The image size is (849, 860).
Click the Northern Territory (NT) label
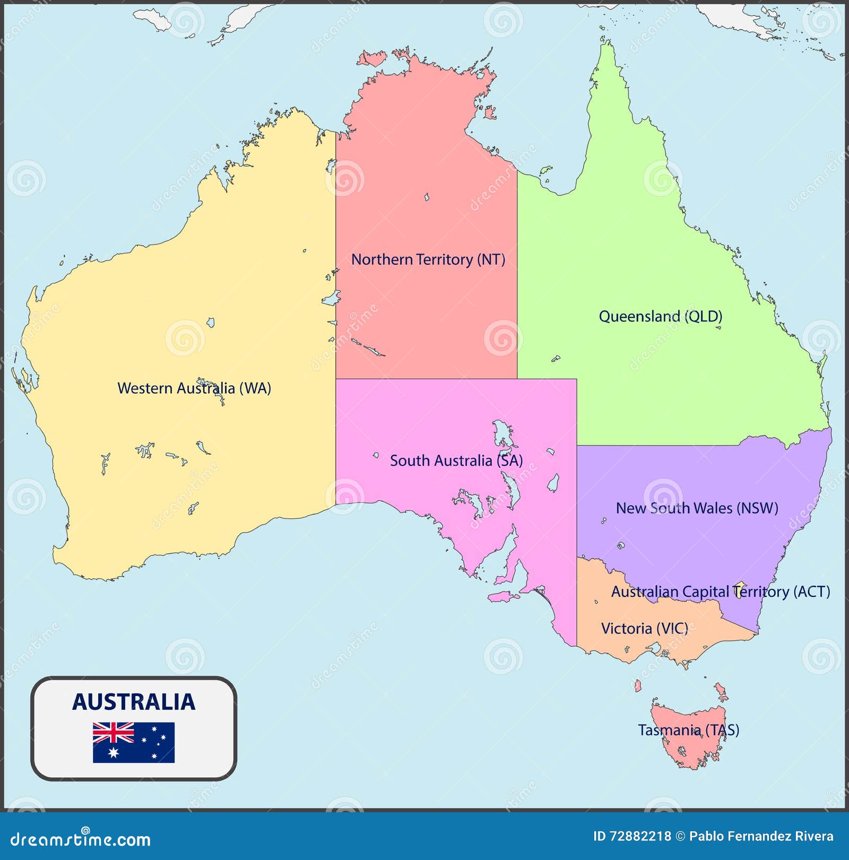428,259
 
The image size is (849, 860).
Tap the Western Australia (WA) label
194,388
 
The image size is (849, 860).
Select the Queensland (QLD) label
660,317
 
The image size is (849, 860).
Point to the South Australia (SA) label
456,461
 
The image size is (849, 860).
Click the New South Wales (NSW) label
696,508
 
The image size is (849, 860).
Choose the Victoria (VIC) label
644,629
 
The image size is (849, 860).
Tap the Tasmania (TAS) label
688,731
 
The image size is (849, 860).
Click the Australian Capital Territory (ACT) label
720,592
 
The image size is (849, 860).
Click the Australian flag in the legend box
134,742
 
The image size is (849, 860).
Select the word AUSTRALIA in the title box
134,702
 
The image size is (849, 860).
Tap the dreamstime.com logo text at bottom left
81,839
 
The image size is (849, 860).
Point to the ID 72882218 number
632,837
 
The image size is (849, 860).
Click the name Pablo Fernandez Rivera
761,837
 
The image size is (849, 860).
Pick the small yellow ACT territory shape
740,586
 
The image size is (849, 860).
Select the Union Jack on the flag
113,733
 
